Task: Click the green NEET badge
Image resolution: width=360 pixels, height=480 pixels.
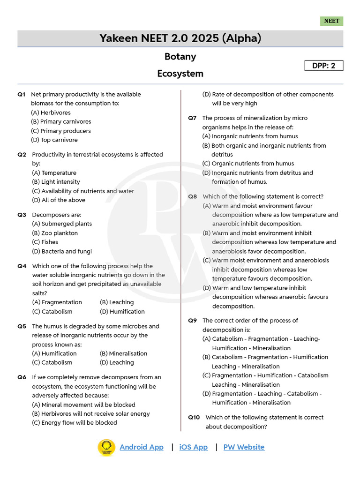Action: (x=331, y=21)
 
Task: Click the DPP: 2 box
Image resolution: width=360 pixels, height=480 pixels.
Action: (x=324, y=66)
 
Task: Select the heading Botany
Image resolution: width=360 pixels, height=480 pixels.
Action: (x=180, y=57)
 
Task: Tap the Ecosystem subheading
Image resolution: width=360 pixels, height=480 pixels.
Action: (x=180, y=74)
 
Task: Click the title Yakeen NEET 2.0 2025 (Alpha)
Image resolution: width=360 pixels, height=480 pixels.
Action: (x=180, y=38)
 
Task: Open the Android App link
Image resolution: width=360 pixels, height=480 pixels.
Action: (x=142, y=447)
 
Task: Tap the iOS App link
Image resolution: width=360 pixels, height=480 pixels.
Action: (x=193, y=447)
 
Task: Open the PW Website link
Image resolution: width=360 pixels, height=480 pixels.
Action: (x=244, y=447)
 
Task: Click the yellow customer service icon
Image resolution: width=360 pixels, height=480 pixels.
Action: (x=106, y=447)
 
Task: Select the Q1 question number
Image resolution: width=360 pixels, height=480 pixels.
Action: (x=22, y=95)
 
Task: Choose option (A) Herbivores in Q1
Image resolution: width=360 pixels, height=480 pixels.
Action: (x=51, y=112)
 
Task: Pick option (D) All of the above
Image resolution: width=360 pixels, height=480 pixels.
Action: (x=59, y=200)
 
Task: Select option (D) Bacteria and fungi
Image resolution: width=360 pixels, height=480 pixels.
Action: (x=62, y=251)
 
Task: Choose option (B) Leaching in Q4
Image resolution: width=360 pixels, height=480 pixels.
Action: (x=117, y=302)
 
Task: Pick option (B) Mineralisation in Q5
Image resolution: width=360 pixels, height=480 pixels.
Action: (x=123, y=353)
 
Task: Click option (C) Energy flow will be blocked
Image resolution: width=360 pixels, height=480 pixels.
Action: (x=75, y=422)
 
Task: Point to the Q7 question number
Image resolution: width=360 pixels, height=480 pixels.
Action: (x=192, y=118)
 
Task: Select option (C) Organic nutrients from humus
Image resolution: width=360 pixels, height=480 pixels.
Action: (x=248, y=164)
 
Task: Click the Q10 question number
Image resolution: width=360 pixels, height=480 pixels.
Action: (x=194, y=417)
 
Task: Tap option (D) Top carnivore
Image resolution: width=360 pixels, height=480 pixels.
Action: (x=54, y=140)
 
